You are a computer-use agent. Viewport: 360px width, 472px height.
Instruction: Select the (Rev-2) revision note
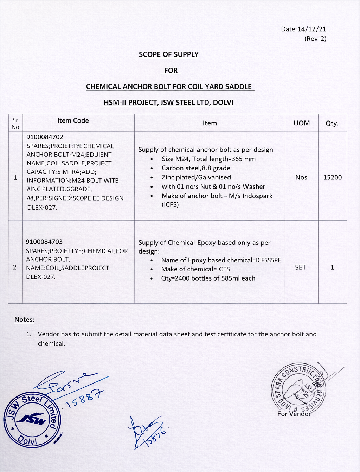coord(315,39)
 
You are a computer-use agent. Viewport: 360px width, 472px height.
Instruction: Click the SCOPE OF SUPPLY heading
coord(169,54)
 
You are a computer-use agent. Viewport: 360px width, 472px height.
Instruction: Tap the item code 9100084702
coord(45,137)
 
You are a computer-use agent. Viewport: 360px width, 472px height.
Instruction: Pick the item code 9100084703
coord(44,242)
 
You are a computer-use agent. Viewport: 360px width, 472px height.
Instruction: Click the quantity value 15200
coord(332,177)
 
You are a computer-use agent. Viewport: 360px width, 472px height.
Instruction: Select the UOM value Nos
coord(301,177)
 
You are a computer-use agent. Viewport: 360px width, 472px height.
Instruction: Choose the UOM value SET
coord(301,267)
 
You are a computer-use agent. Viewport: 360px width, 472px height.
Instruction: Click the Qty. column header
coord(332,123)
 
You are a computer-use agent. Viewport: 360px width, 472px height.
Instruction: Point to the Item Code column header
coord(73,120)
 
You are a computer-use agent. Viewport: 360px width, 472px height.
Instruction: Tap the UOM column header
coord(302,123)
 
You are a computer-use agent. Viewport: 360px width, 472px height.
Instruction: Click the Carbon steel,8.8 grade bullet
coord(196,168)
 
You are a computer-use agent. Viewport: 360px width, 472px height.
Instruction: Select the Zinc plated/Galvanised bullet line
coord(196,177)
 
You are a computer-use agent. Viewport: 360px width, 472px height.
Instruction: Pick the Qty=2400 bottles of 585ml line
coord(208,278)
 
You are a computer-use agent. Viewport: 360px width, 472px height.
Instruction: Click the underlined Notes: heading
coord(24,320)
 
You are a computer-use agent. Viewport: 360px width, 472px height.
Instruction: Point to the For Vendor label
coord(294,414)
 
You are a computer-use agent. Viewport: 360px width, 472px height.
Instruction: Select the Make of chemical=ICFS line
coord(195,269)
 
